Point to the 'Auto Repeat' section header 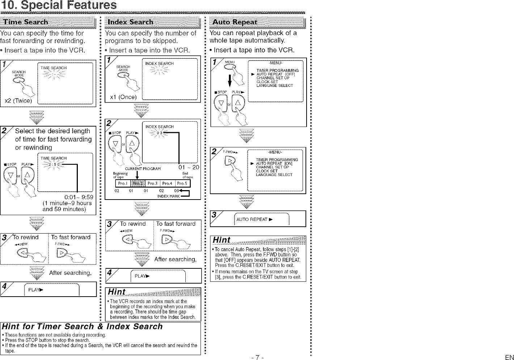pos(235,22)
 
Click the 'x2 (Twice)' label pos(17,101)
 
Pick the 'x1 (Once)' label pos(123,97)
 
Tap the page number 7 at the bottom pos(256,357)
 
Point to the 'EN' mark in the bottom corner pos(509,357)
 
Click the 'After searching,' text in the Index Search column pos(175,259)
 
